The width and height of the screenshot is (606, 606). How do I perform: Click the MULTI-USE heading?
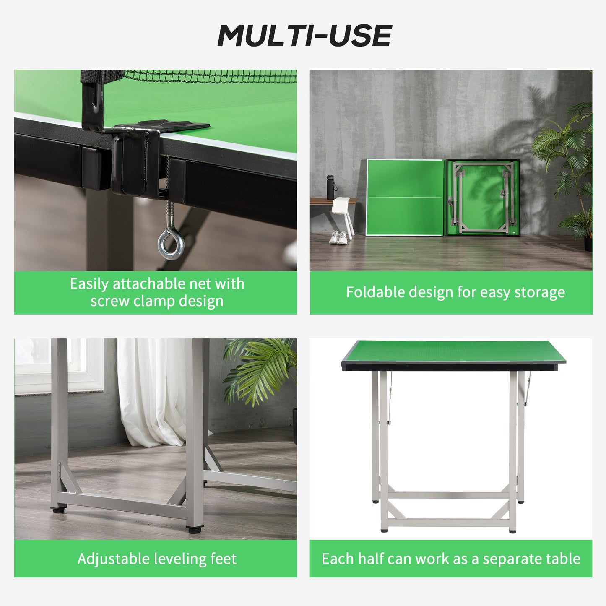pos(304,36)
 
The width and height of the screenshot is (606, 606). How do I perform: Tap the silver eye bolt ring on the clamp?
pos(171,244)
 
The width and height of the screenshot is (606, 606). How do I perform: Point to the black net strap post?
pos(93,99)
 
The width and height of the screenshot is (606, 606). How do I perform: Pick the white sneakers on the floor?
pos(338,237)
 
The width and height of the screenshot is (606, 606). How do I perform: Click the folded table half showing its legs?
pos(482,197)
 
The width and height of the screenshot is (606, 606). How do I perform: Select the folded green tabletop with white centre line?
pos(405,197)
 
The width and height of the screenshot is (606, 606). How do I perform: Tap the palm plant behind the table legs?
pos(260,369)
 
